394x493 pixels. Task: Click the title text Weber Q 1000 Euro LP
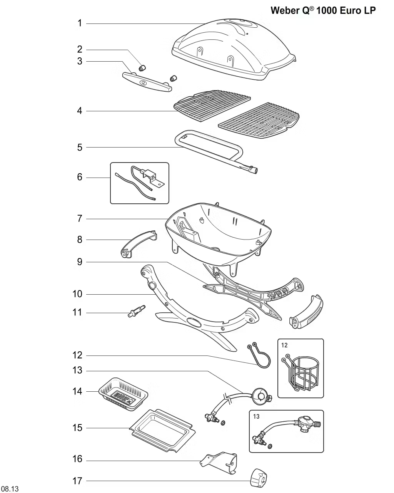pyautogui.click(x=323, y=10)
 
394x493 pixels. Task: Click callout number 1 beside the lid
pyautogui.click(x=80, y=23)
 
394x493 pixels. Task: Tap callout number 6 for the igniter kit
pyautogui.click(x=80, y=177)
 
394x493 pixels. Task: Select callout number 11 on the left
pyautogui.click(x=77, y=312)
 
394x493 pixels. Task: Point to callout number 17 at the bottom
pyautogui.click(x=77, y=481)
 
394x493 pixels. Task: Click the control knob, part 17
pyautogui.click(x=259, y=478)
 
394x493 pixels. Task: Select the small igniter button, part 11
pyautogui.click(x=137, y=310)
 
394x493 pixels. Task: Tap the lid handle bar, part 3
pyautogui.click(x=147, y=82)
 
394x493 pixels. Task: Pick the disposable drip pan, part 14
pyautogui.click(x=124, y=392)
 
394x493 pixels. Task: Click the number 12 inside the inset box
pyautogui.click(x=284, y=345)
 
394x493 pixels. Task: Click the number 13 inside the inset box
pyautogui.click(x=256, y=416)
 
